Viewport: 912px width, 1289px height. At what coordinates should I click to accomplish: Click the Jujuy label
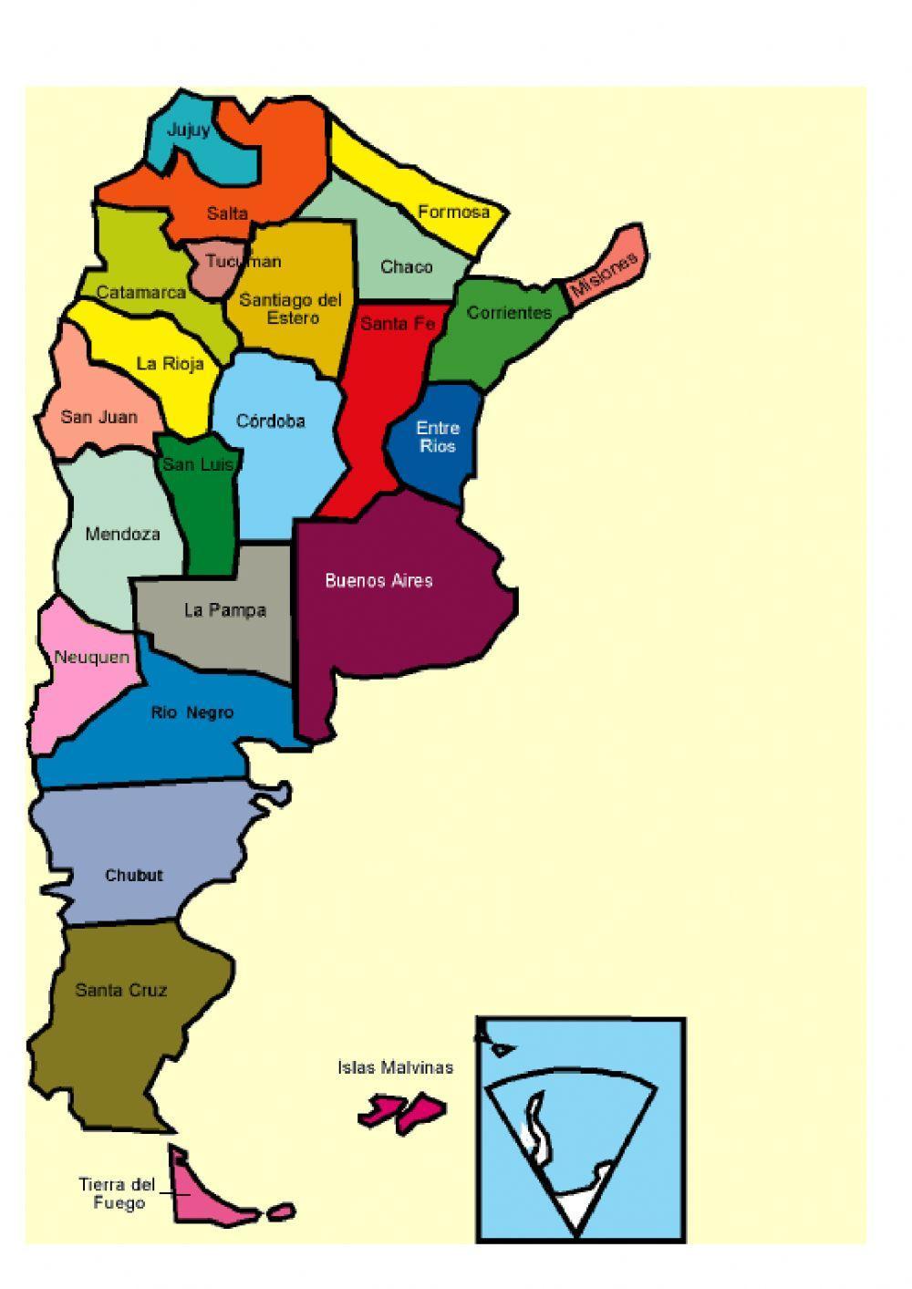click(188, 130)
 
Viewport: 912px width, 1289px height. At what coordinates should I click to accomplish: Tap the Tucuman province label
click(243, 262)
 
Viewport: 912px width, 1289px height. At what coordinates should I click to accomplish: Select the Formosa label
click(453, 213)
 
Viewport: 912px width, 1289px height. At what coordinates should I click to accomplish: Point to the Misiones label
click(603, 275)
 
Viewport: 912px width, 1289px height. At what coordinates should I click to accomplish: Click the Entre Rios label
click(438, 437)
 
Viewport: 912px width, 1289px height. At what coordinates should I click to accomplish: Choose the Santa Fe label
click(398, 324)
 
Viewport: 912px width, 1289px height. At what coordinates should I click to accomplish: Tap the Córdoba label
click(270, 421)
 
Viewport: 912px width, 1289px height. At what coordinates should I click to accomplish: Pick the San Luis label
click(198, 464)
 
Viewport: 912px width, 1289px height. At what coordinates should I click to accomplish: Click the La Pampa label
click(224, 610)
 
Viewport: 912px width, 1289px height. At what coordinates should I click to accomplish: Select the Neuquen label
click(91, 658)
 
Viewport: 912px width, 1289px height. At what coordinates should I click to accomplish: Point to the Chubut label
click(134, 876)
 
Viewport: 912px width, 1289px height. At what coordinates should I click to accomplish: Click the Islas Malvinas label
click(395, 1067)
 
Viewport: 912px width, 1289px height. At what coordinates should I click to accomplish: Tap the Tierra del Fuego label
click(117, 1193)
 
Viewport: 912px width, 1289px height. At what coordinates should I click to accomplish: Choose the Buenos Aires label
click(378, 581)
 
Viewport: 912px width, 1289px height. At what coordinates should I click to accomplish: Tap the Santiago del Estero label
click(290, 308)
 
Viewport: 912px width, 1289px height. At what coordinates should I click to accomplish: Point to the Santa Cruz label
click(121, 990)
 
